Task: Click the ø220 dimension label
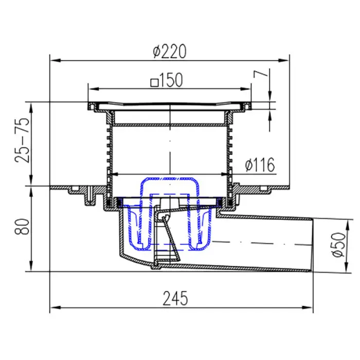[169, 51]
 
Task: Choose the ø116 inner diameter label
[260, 165]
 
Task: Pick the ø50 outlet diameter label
[338, 245]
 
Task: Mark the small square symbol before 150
[153, 82]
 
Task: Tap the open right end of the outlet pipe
[311, 244]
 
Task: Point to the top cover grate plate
[169, 105]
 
